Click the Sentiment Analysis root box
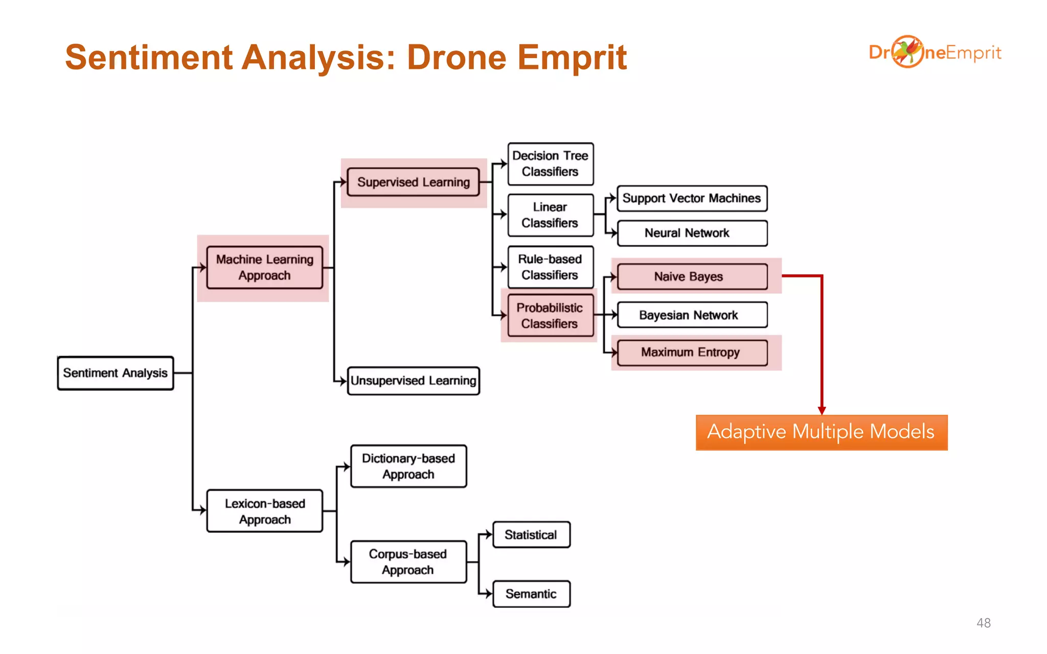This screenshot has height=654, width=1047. point(116,373)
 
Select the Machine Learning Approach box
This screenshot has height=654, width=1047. point(264,267)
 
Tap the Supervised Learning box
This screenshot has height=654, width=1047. point(413,182)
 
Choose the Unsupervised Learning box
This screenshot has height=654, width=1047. point(413,381)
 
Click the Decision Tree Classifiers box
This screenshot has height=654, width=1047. point(550,163)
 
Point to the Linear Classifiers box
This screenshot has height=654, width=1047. point(550,215)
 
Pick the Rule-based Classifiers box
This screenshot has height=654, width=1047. point(550,267)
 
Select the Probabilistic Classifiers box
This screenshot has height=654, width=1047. point(550,315)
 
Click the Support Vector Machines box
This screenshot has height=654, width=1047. point(692,198)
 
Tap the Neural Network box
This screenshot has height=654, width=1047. point(692,233)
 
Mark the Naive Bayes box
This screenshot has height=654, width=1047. point(692,276)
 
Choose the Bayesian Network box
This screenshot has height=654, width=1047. point(692,315)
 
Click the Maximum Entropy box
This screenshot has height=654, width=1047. point(692,353)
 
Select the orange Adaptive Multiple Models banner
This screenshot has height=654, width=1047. point(821,432)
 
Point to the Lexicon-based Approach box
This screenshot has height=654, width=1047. point(264,511)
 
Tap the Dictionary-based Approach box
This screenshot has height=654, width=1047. point(408,466)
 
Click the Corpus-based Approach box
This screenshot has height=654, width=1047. point(408,562)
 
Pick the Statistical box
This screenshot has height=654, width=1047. point(531,534)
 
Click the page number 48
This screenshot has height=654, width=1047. point(983,623)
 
